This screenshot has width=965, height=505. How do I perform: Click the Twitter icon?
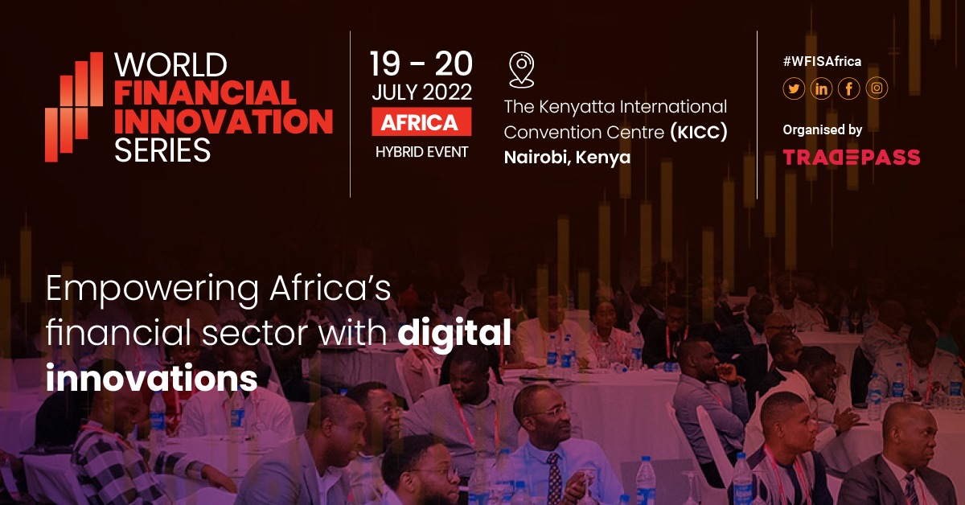click(x=794, y=88)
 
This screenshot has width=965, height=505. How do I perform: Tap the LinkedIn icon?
click(x=821, y=88)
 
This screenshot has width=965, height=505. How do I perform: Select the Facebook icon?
click(x=848, y=88)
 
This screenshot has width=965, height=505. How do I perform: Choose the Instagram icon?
click(x=877, y=88)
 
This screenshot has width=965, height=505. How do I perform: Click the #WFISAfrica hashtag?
click(x=822, y=62)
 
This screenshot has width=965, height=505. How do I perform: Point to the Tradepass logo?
click(x=852, y=158)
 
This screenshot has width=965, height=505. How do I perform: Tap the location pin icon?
click(x=521, y=70)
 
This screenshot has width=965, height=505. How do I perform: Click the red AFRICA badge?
click(x=421, y=122)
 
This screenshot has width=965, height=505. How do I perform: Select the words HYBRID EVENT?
click(x=421, y=152)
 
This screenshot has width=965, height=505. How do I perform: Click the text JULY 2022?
click(x=421, y=92)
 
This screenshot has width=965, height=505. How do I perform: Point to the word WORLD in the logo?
click(x=170, y=65)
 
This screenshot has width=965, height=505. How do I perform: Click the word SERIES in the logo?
click(x=162, y=150)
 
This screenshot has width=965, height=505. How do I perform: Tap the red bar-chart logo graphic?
click(x=74, y=107)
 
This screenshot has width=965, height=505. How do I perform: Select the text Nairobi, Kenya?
click(x=567, y=158)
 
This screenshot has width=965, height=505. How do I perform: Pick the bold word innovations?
click(x=152, y=378)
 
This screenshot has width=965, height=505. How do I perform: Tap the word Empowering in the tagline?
click(x=152, y=290)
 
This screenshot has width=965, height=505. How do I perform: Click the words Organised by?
click(x=823, y=130)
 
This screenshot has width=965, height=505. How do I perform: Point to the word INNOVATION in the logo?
click(x=224, y=121)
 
